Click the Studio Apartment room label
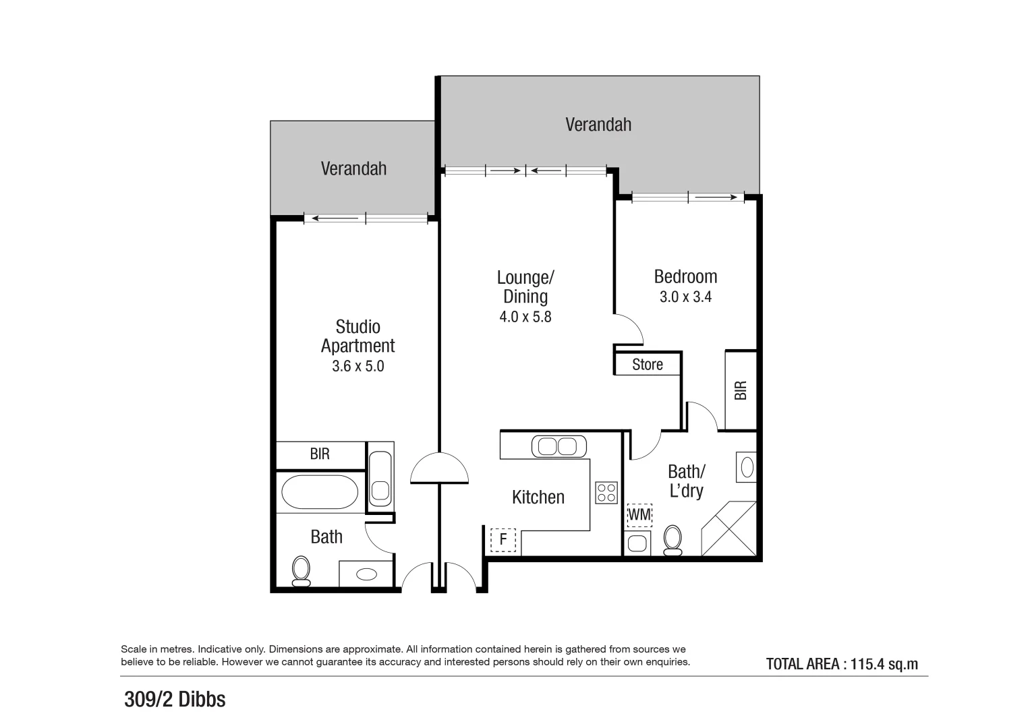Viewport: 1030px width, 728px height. [357, 336]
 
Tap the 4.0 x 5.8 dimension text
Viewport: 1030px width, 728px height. [525, 317]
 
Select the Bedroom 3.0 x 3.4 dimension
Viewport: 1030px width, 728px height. [685, 297]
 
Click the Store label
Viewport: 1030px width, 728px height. [648, 365]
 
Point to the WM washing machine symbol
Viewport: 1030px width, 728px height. [639, 515]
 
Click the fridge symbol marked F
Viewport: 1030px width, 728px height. [503, 540]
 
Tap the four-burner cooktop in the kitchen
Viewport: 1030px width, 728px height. [606, 493]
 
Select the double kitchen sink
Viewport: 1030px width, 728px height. [559, 446]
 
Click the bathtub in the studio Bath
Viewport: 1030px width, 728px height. [320, 493]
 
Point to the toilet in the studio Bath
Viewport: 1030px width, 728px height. [301, 570]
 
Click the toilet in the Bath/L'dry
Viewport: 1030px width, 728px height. [673, 540]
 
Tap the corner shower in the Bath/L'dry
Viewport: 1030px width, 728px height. [729, 529]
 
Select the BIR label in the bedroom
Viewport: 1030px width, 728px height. [741, 390]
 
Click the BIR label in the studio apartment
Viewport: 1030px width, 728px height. [320, 454]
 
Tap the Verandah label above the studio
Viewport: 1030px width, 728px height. [353, 169]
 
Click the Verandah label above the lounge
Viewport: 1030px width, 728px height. [598, 125]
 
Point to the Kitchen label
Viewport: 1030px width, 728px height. [538, 497]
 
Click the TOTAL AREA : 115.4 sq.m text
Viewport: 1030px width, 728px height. [842, 664]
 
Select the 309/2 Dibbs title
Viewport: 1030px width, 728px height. [175, 700]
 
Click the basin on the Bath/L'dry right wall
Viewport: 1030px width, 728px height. [747, 467]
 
